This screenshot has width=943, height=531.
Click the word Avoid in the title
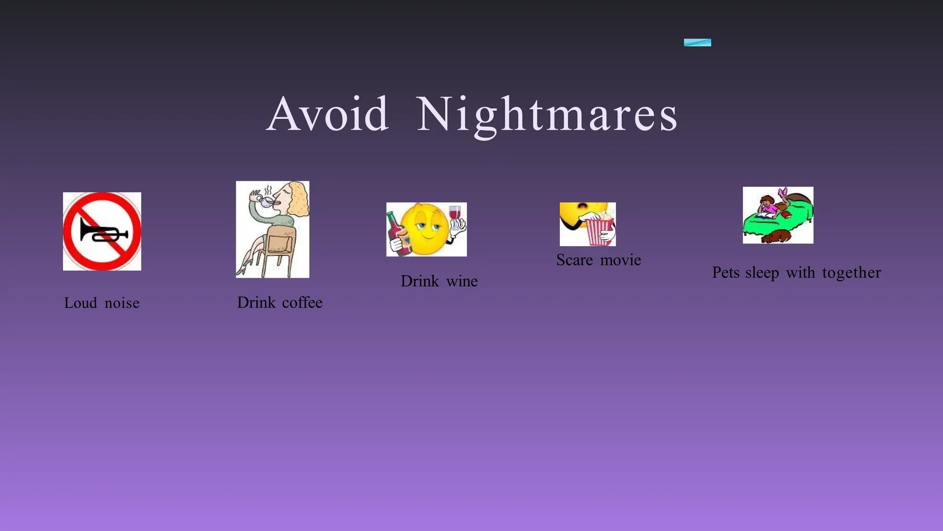(327, 114)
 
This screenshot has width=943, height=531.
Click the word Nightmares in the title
(547, 115)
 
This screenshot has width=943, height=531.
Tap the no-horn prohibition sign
(102, 231)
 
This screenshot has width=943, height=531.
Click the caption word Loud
(81, 303)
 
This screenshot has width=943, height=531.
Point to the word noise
(122, 303)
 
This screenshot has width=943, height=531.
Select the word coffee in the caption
(302, 302)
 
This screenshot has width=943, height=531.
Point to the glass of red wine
(454, 213)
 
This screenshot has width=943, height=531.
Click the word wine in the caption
(462, 281)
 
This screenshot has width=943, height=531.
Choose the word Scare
(574, 260)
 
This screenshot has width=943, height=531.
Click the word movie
(620, 260)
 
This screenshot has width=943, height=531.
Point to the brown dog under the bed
(776, 237)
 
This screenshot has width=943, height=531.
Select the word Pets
(726, 272)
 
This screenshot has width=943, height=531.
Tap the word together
(851, 272)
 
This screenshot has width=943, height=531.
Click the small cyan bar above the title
(697, 42)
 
